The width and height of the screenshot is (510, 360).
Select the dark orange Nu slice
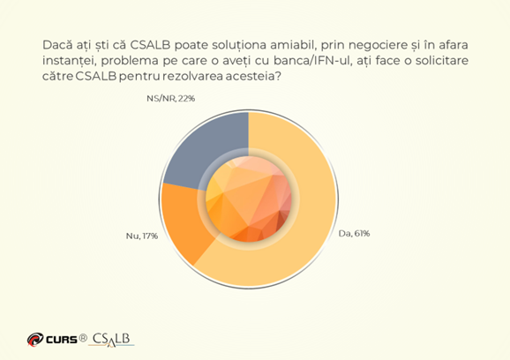point(184,221)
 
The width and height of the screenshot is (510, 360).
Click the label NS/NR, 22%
point(171,98)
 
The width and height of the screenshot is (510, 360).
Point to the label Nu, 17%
point(142,236)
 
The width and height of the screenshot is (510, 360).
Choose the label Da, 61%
point(354,234)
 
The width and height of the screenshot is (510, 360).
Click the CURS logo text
point(62,340)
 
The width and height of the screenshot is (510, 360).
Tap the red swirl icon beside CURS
point(35,340)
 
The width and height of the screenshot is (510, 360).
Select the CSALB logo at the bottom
point(111,340)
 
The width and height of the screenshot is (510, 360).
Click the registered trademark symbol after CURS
point(83,339)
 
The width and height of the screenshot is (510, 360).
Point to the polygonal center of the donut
point(249,199)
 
